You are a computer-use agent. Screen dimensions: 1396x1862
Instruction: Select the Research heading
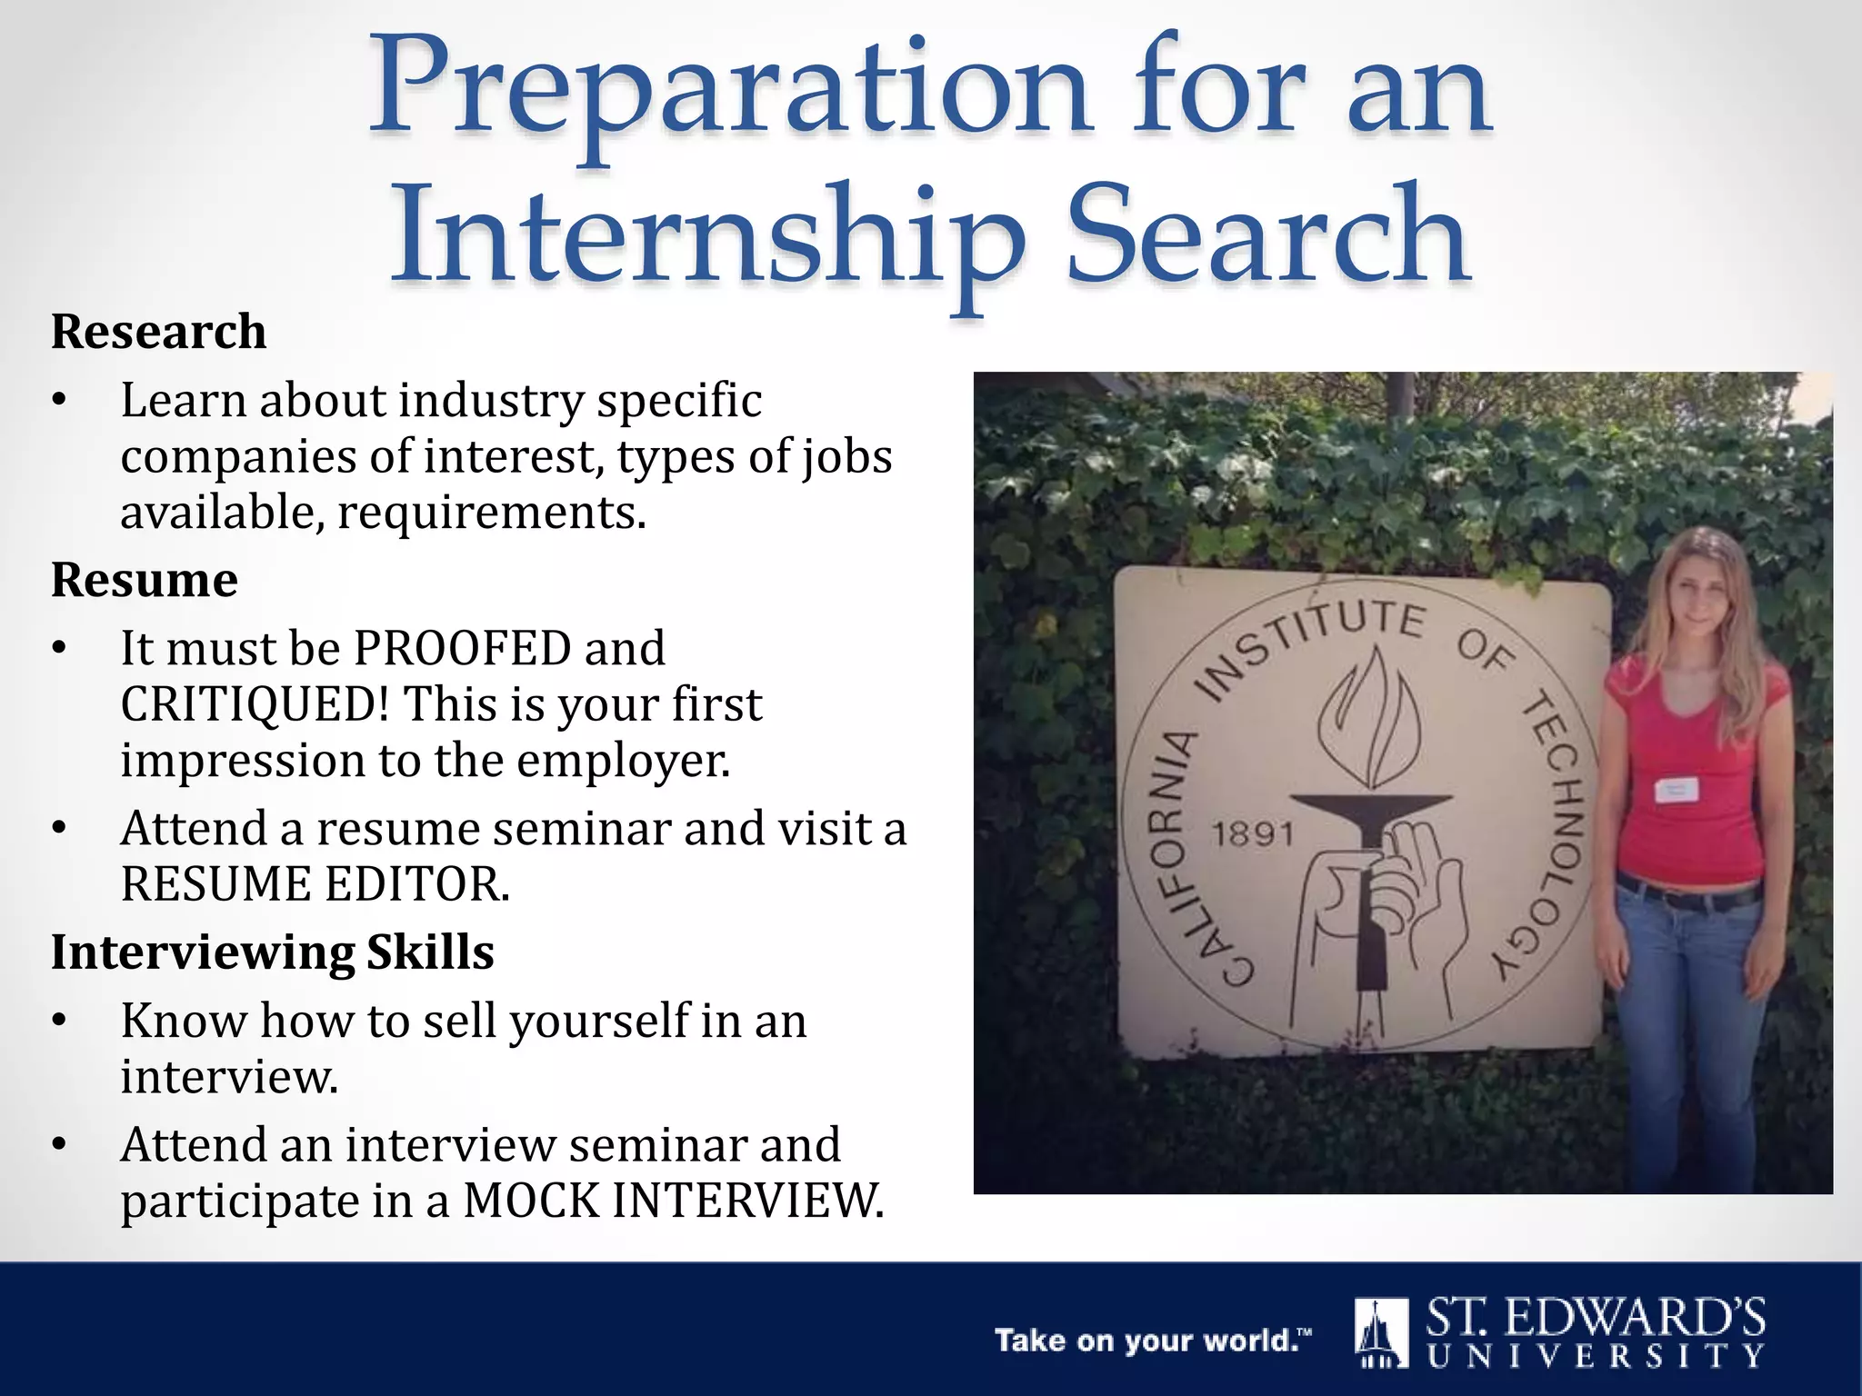158,331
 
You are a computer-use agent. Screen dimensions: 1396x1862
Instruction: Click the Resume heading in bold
144,580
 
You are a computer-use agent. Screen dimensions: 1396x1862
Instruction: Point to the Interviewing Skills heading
272,952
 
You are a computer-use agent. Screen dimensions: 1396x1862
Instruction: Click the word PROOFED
461,649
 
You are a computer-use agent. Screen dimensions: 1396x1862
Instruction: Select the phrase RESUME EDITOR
315,884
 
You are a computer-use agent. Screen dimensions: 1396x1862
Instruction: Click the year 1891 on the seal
1252,833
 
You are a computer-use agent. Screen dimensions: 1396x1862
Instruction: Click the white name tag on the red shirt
1676,789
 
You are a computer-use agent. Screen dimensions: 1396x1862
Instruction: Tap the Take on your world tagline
1153,1341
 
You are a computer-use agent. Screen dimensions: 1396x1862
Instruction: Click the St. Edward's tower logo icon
1380,1332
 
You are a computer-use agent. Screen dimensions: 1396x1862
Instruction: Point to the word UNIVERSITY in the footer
1596,1357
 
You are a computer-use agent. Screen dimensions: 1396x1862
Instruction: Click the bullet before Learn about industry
59,400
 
